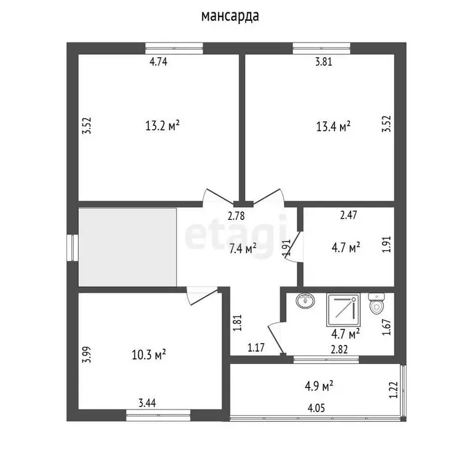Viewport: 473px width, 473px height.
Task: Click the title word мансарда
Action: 230,17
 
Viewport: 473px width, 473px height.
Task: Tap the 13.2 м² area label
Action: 163,125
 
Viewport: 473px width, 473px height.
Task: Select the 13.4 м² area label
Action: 333,126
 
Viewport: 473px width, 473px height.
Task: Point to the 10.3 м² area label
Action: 148,355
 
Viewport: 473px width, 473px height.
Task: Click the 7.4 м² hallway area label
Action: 243,249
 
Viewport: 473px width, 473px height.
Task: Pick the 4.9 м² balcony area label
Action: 319,386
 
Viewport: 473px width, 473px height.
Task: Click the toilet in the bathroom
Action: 376,304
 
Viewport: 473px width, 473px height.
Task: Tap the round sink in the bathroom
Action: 305,301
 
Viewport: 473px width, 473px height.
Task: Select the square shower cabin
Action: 343,310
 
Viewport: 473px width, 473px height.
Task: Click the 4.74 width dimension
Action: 158,62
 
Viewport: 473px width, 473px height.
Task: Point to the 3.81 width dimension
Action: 324,62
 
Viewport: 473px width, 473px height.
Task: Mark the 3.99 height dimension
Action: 87,355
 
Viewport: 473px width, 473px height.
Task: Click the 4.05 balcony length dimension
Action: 317,408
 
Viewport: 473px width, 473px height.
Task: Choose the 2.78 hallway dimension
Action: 236,216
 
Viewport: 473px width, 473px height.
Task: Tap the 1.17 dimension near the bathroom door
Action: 256,348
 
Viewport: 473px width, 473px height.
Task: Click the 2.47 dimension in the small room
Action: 349,215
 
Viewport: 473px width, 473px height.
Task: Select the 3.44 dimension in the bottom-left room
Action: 147,403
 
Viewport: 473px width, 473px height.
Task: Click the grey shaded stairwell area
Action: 127,247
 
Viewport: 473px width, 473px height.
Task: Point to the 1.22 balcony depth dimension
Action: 394,390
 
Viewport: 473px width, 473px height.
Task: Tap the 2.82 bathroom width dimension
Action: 339,349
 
